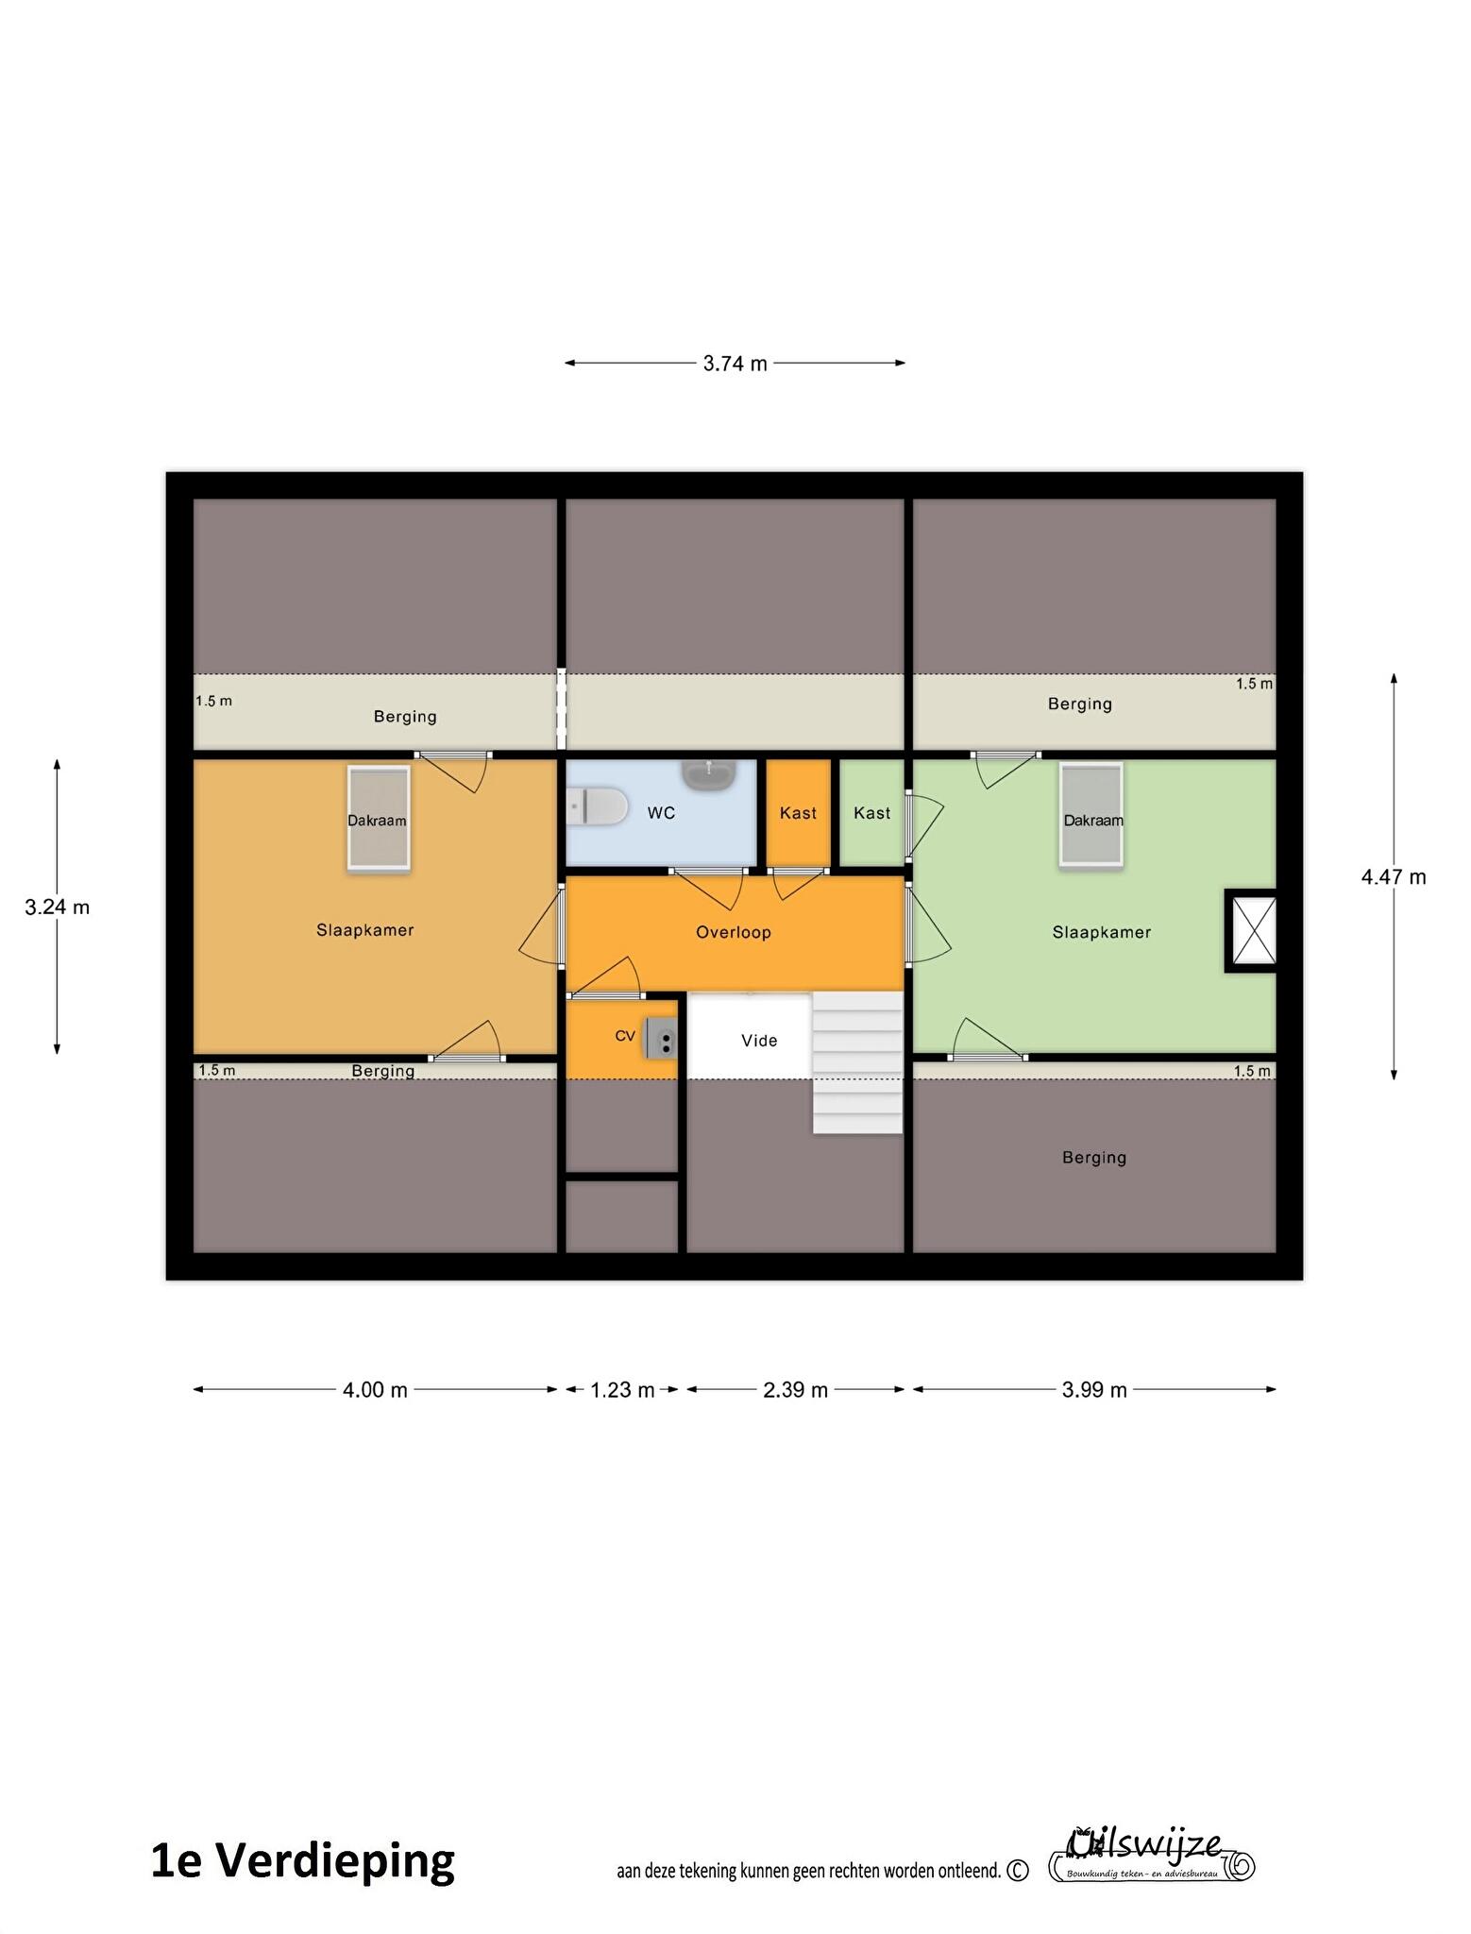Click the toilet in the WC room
598,807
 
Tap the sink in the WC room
709,774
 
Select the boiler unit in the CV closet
661,1038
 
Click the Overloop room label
734,932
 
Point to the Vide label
759,1041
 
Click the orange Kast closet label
798,813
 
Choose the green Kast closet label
871,813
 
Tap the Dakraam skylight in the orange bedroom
378,818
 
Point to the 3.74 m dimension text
735,364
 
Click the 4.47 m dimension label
1393,877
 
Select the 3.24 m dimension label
57,908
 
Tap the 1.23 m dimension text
622,1390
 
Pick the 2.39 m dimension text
795,1390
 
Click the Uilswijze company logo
1152,1855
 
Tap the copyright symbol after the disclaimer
1018,1871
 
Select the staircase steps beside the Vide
857,1062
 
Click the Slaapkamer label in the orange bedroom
365,930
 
